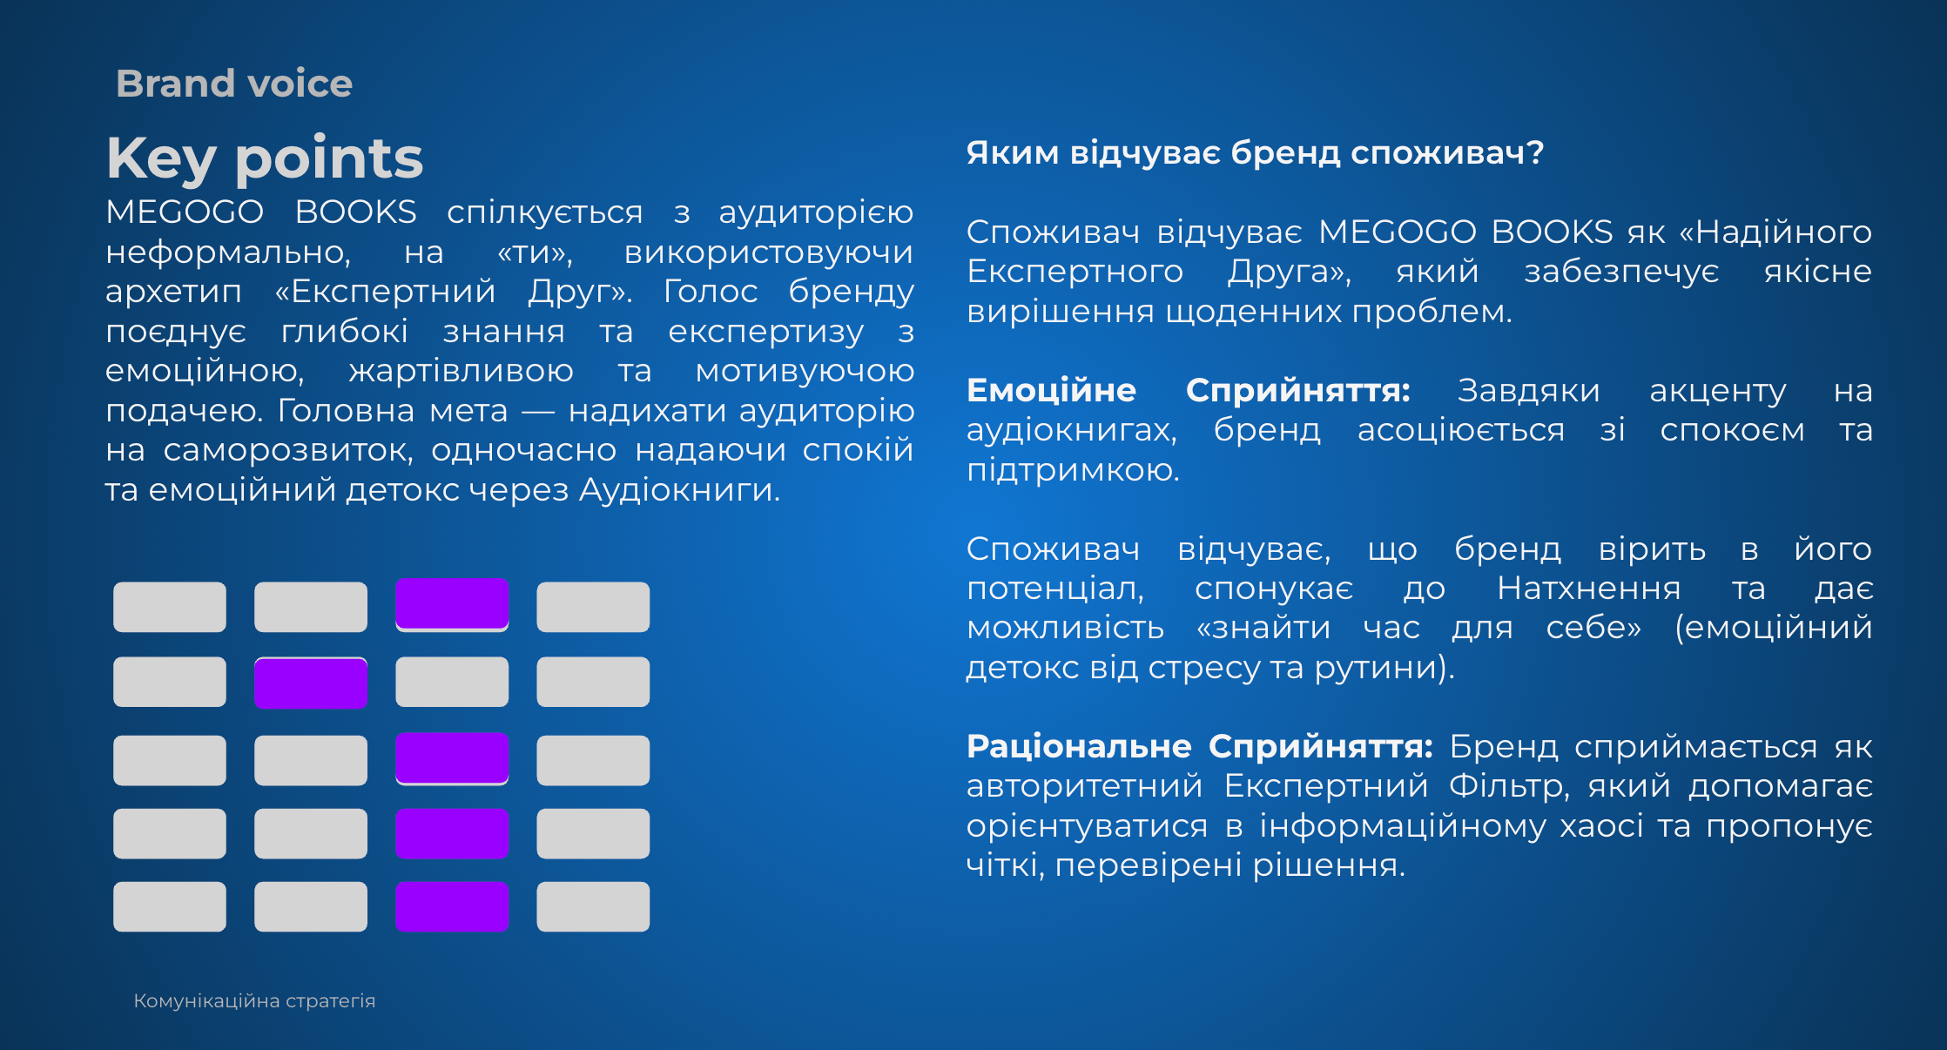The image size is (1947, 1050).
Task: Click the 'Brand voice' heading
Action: (234, 84)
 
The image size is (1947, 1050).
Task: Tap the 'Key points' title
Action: (265, 158)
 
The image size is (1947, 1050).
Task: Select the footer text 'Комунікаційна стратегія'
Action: (254, 1001)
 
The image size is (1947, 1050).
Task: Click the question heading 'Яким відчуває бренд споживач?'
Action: (1255, 153)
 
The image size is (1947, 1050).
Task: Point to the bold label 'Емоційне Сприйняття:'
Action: (1189, 390)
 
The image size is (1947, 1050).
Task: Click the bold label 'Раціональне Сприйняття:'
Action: (1200, 746)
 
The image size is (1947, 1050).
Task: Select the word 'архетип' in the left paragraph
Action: (173, 292)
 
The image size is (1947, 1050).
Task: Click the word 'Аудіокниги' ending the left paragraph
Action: (679, 489)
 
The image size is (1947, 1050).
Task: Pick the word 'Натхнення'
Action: (1589, 589)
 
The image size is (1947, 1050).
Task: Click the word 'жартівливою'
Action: (461, 371)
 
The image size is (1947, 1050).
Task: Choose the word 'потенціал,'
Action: (1055, 589)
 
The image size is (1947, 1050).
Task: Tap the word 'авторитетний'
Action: (1084, 786)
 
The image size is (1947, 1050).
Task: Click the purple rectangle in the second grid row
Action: (311, 683)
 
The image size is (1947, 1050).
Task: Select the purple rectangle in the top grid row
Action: (452, 603)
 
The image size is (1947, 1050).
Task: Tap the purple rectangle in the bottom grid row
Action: (452, 906)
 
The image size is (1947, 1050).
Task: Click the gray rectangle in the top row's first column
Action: (170, 607)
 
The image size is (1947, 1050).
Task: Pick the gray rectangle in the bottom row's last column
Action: (593, 906)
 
